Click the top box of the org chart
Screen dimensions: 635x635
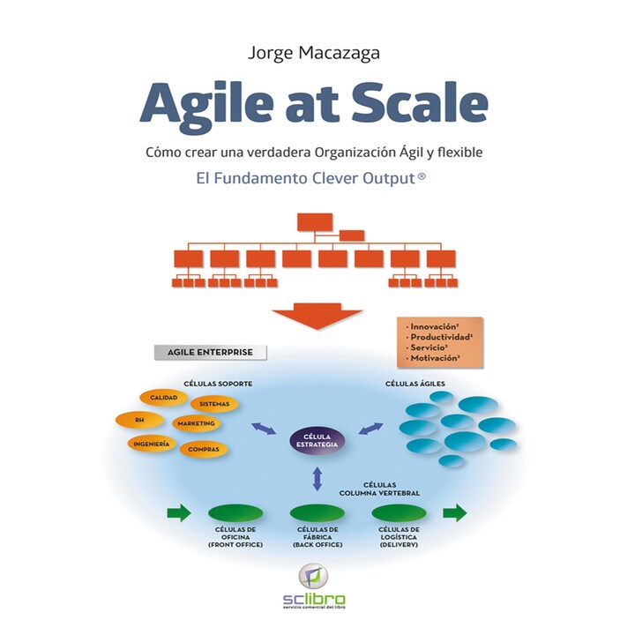(313, 221)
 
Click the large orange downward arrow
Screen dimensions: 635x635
(317, 317)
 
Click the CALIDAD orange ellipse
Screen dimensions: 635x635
(164, 399)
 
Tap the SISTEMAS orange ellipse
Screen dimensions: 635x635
(214, 404)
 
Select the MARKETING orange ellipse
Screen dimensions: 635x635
(196, 424)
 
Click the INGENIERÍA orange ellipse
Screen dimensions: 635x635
(153, 444)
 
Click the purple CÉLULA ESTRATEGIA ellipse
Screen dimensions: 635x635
(317, 440)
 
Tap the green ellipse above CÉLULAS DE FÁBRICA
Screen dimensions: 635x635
(317, 513)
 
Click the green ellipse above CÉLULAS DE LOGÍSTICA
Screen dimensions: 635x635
(399, 513)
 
